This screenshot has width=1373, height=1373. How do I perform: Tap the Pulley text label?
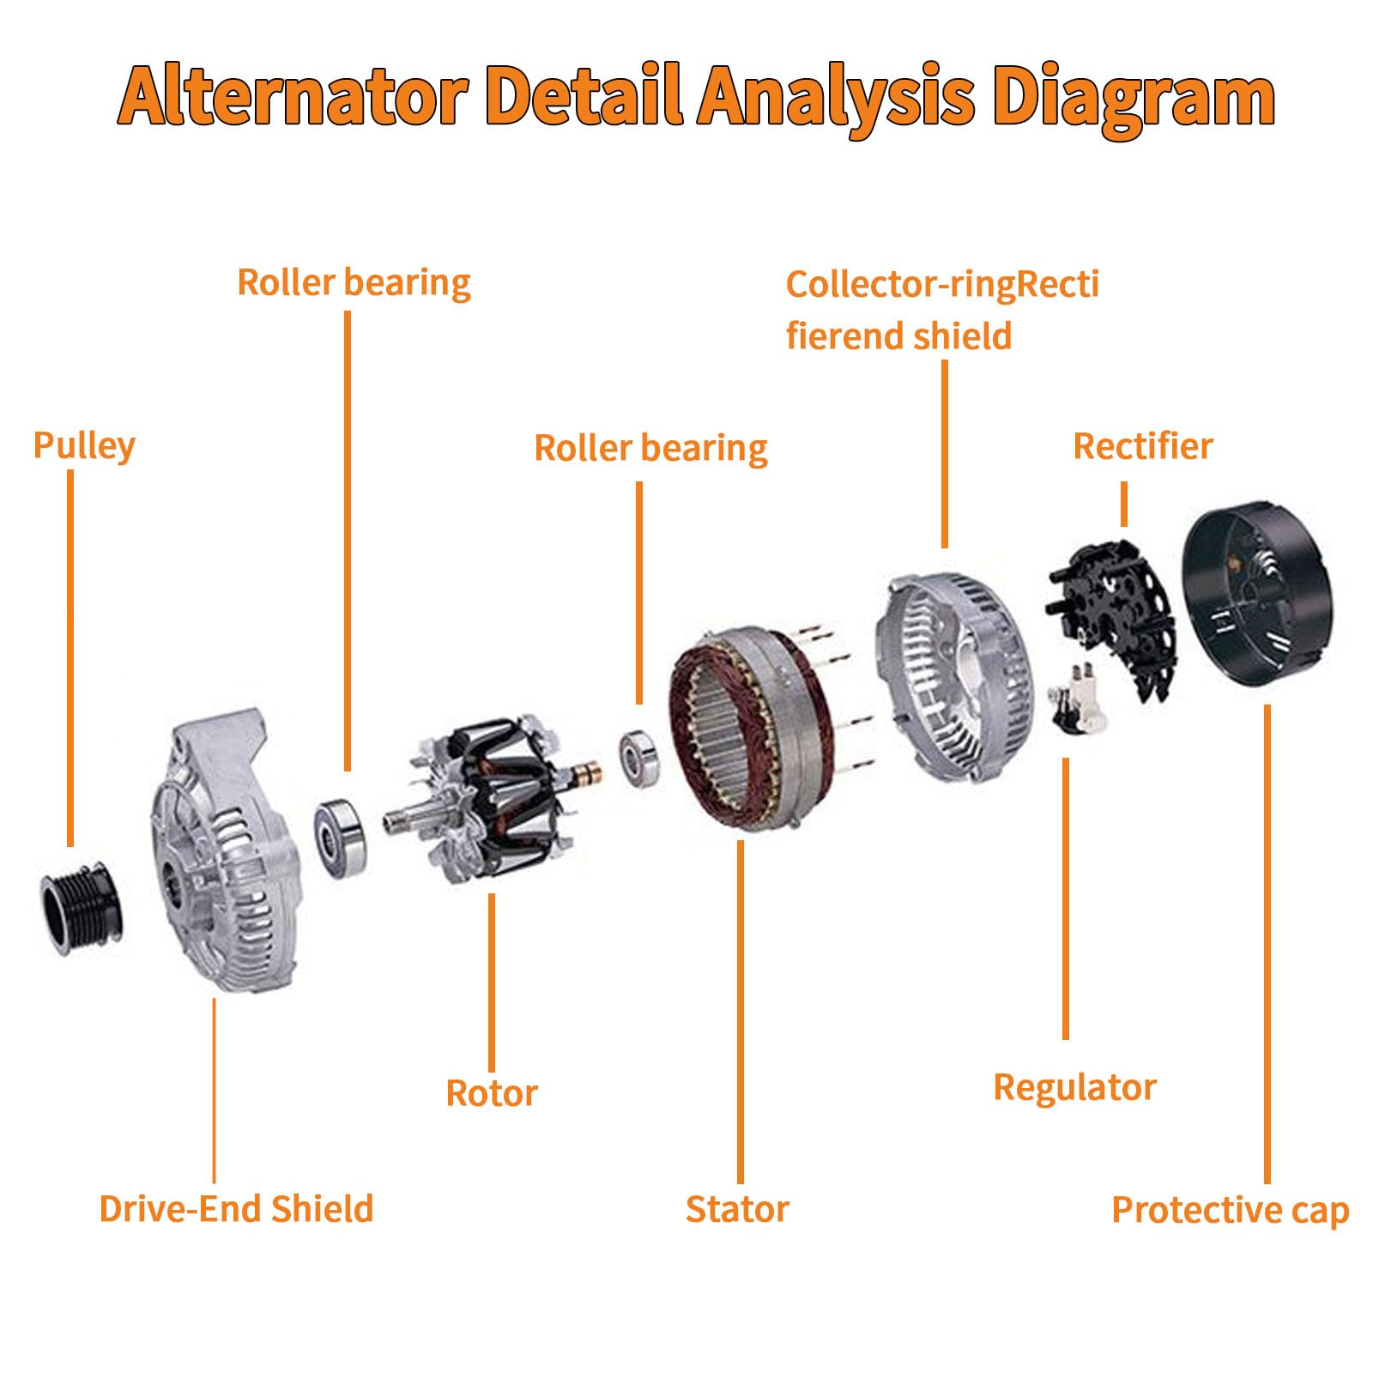coord(84,446)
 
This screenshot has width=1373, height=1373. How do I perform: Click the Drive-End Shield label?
coord(236,1208)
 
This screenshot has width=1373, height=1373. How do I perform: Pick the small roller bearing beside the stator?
coord(638,758)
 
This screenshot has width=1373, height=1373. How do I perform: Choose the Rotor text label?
coord(492,1093)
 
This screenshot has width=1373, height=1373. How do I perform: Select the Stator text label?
coord(737,1209)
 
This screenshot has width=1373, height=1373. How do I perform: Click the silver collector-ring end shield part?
coord(953,678)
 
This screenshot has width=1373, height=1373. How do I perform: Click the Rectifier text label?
coord(1143,446)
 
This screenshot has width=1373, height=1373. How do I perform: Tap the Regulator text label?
coord(1074,1087)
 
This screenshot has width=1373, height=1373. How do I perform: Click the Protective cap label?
coord(1231,1210)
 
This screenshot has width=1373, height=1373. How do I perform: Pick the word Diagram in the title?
coord(1134,96)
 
